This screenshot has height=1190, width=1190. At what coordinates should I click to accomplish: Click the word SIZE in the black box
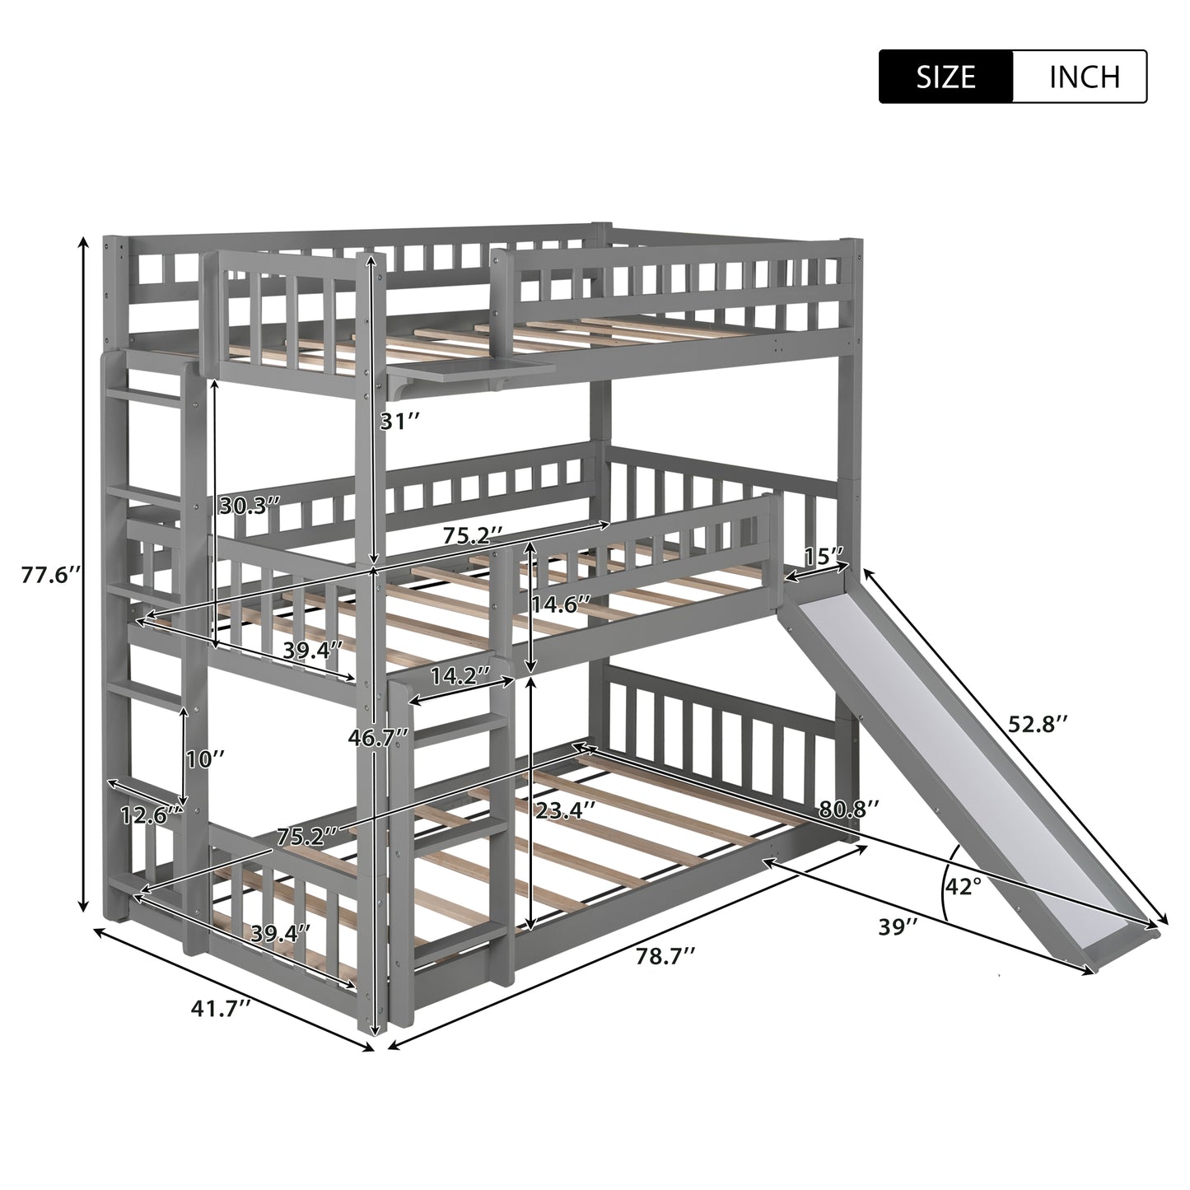(945, 77)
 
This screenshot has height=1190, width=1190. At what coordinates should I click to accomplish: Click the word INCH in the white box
(1085, 77)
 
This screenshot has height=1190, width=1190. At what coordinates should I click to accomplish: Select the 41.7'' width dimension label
(221, 1009)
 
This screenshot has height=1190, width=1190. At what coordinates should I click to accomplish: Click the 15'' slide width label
(824, 557)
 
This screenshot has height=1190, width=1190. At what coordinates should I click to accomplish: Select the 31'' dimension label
(399, 421)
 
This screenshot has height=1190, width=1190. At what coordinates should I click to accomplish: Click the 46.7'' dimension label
(378, 736)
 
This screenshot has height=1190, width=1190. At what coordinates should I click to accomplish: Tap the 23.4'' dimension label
(565, 809)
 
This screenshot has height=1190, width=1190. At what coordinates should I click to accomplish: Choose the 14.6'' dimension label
(562, 604)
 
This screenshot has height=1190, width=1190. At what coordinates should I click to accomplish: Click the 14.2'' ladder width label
(460, 675)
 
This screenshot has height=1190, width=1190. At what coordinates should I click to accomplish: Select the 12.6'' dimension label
(151, 816)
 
